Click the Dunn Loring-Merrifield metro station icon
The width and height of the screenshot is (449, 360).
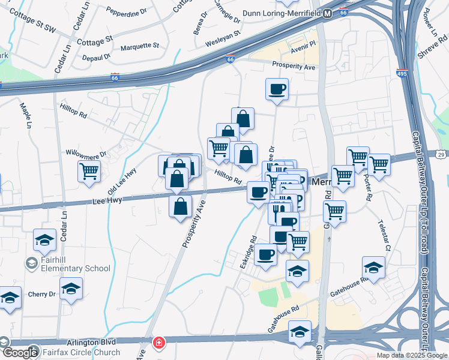pos(327,13)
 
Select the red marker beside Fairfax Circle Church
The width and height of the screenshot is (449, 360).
pos(158,343)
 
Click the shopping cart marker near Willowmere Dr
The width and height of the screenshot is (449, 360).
pos(89,171)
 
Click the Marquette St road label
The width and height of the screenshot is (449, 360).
pos(139,46)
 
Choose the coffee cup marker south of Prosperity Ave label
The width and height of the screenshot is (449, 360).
pos(277,89)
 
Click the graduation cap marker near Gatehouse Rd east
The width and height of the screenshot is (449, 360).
pos(373,268)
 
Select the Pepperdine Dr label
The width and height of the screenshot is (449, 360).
pos(126,11)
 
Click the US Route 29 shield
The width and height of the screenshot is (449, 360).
pos(442,155)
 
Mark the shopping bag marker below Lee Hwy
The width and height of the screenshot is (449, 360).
pos(181,207)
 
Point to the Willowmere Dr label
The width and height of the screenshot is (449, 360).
pos(86,154)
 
